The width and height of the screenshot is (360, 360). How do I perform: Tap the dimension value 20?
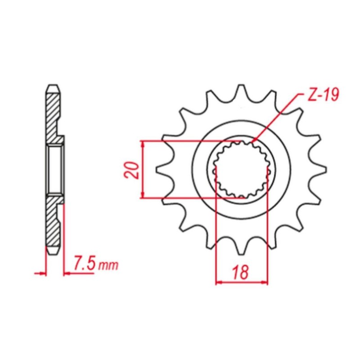(131, 170)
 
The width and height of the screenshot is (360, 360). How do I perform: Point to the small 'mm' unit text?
(108, 265)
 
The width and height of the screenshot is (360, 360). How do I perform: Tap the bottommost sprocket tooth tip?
(241, 254)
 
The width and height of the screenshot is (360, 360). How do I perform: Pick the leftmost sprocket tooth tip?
(156, 170)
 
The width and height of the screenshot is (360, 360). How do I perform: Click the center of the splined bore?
(241, 170)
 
